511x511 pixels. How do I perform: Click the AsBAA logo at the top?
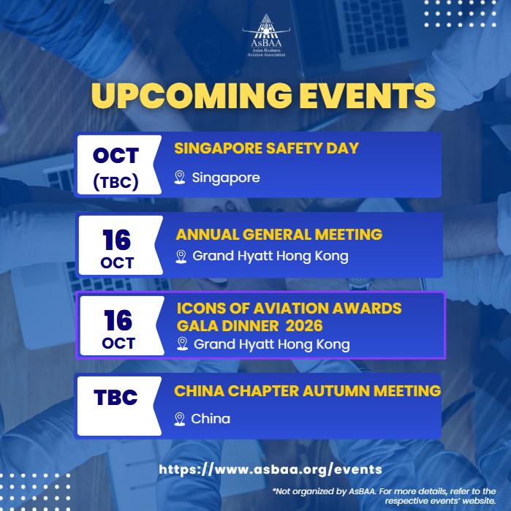click(x=266, y=35)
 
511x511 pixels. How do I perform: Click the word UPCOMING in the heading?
click(x=192, y=95)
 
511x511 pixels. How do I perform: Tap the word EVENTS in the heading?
click(x=367, y=95)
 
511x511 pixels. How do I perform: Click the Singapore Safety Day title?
click(x=266, y=148)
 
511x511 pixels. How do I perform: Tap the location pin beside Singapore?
click(x=180, y=178)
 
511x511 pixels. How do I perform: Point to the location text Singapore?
click(x=226, y=178)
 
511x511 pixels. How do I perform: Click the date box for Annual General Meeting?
click(x=120, y=245)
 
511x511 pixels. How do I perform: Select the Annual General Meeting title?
click(x=279, y=235)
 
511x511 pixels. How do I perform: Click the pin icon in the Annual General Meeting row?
click(x=181, y=257)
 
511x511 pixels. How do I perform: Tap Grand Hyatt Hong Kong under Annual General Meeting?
click(x=270, y=257)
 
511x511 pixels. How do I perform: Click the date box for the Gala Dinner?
click(x=121, y=325)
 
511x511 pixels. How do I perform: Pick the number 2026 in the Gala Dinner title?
click(x=304, y=326)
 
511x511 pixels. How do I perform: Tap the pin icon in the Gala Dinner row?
click(x=182, y=344)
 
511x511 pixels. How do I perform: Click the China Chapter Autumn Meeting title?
click(x=307, y=391)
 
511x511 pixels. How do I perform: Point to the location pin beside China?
click(x=180, y=419)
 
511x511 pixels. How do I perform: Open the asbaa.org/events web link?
click(x=270, y=469)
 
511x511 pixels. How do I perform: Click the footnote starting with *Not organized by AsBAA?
click(x=385, y=496)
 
